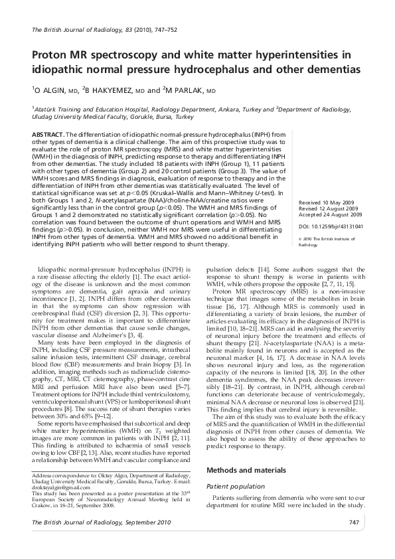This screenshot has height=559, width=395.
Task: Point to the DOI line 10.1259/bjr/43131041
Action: pyautogui.click(x=331, y=226)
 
